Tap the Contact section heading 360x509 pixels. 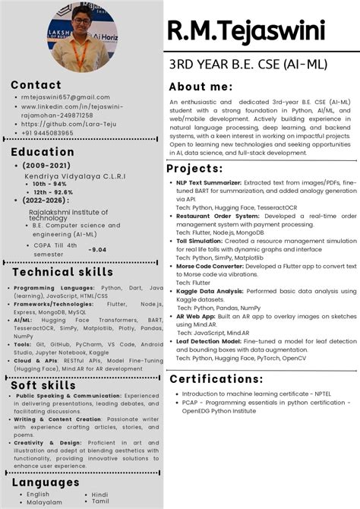pos(36,85)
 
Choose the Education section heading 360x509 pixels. pos(43,151)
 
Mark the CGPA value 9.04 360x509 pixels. pos(97,249)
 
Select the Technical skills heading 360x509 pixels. pos(62,272)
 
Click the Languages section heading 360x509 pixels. pos(46,482)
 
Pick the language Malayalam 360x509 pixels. pos(45,502)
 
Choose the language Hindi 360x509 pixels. pos(99,495)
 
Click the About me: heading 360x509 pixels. pos(201,87)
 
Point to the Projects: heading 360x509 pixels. pos(194,168)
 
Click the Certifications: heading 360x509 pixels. pos(216,378)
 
